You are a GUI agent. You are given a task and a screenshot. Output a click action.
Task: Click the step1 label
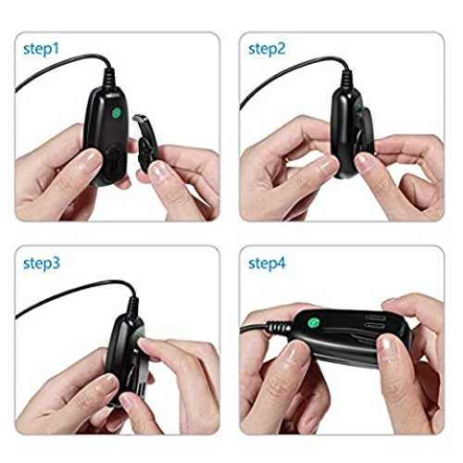pos(41,49)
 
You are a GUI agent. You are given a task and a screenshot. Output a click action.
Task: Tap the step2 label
pos(267,49)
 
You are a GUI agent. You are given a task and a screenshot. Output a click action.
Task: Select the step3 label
pos(42,263)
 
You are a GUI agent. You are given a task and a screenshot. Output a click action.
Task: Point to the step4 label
pos(267,263)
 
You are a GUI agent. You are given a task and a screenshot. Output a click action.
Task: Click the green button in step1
pos(117,113)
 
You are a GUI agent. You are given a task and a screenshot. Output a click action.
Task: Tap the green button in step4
pos(313,323)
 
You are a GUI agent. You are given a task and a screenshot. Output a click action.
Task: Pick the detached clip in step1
pos(145,141)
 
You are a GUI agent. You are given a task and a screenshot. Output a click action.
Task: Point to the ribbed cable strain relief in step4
pos(279,328)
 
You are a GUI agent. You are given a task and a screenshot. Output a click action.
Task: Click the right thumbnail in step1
pos(159,170)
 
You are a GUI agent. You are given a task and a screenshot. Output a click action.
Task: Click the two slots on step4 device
pos(374,321)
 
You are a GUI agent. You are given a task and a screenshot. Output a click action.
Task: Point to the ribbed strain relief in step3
pos(133,306)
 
